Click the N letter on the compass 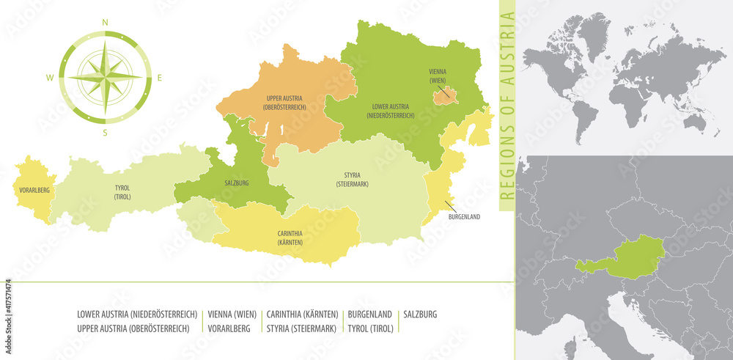click(x=105, y=23)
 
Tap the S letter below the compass click(x=105, y=133)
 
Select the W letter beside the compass click(x=50, y=77)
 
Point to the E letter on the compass click(x=160, y=77)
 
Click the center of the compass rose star click(x=105, y=77)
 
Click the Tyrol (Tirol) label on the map click(x=122, y=192)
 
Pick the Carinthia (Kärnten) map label click(x=290, y=238)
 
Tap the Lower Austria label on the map click(x=390, y=111)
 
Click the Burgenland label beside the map click(x=465, y=217)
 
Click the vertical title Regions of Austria click(x=507, y=106)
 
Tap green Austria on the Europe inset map click(x=630, y=257)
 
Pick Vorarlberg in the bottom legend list click(x=229, y=328)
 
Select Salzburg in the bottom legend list click(x=420, y=314)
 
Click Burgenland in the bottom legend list click(x=369, y=314)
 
